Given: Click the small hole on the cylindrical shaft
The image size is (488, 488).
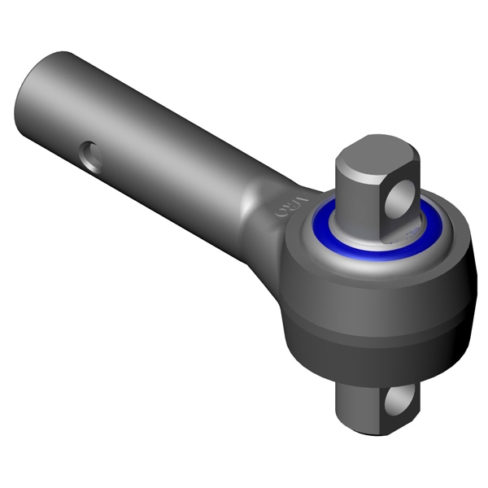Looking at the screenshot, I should (91, 155).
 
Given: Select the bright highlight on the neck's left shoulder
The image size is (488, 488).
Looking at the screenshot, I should (248, 195).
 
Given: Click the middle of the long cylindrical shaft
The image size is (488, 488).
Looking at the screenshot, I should (146, 130).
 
